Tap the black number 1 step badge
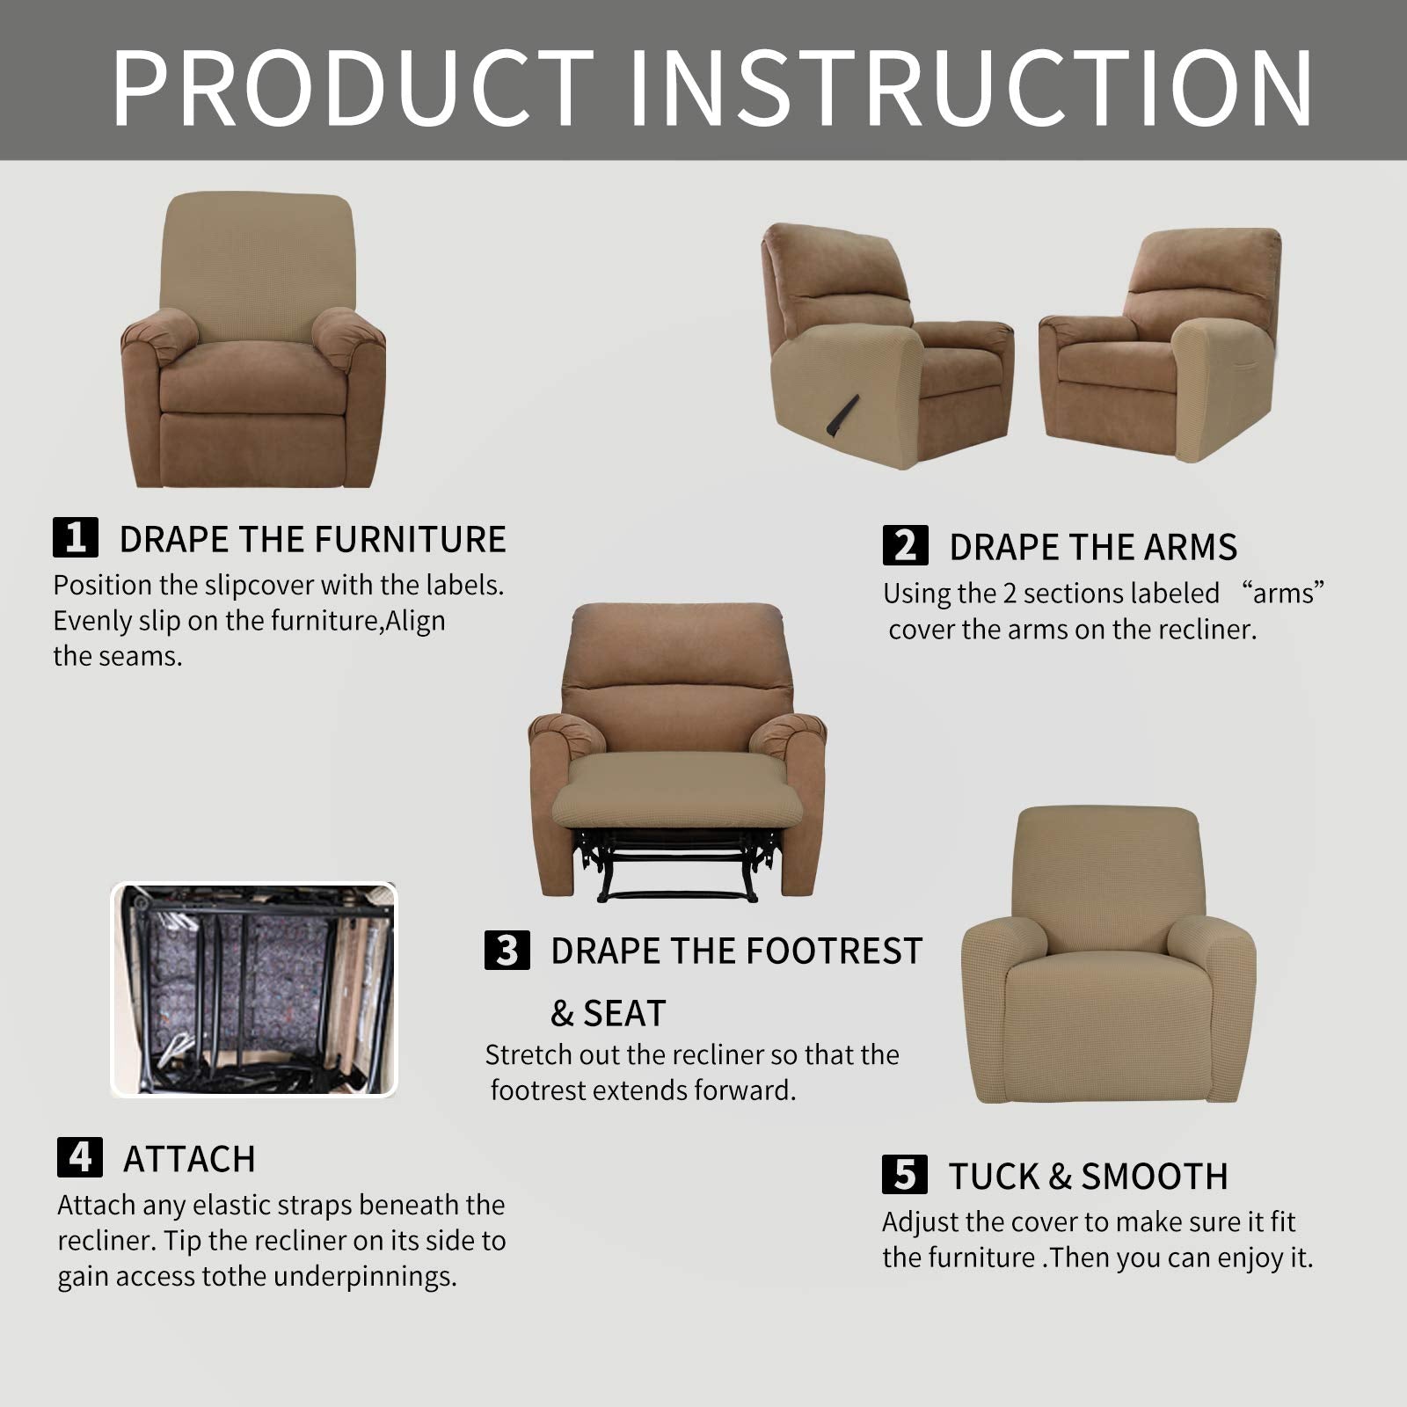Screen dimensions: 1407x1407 click(76, 537)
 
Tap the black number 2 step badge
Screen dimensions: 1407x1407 click(905, 545)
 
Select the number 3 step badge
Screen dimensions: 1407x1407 click(507, 951)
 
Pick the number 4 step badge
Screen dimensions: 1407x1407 click(79, 1157)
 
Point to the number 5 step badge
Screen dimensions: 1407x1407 click(904, 1175)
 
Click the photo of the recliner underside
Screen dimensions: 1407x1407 click(254, 989)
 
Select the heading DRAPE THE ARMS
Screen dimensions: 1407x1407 click(1092, 547)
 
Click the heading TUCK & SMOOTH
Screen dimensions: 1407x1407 click(1087, 1177)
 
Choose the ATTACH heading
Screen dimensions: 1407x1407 click(189, 1159)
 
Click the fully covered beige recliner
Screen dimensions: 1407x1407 click(1108, 959)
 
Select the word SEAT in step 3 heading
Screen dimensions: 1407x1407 click(624, 1014)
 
